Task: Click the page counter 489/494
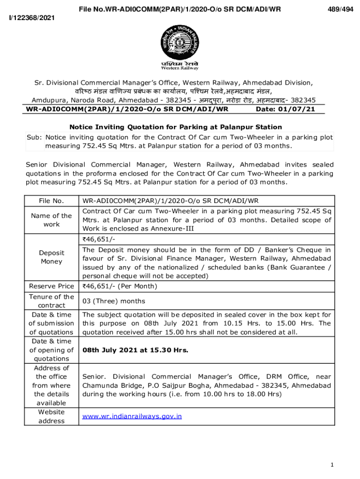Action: pyautogui.click(x=339, y=8)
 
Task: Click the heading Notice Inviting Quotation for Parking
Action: pyautogui.click(x=176, y=127)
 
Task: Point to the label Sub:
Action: pyautogui.click(x=35, y=138)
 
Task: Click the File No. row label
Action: pyautogui.click(x=51, y=201)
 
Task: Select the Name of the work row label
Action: pyautogui.click(x=51, y=220)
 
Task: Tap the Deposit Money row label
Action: pyautogui.click(x=51, y=257)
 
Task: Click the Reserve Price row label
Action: pyautogui.click(x=51, y=286)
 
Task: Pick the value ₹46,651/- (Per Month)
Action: pyautogui.click(x=120, y=286)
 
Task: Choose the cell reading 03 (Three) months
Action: pyautogui.click(x=114, y=301)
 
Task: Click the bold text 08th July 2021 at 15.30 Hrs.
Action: pyautogui.click(x=136, y=349)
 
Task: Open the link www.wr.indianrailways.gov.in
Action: pyautogui.click(x=132, y=416)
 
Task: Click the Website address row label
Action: pyautogui.click(x=51, y=416)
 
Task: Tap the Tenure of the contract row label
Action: pyautogui.click(x=51, y=301)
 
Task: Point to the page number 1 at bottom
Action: pyautogui.click(x=331, y=464)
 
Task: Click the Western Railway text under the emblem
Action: pyautogui.click(x=180, y=68)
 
